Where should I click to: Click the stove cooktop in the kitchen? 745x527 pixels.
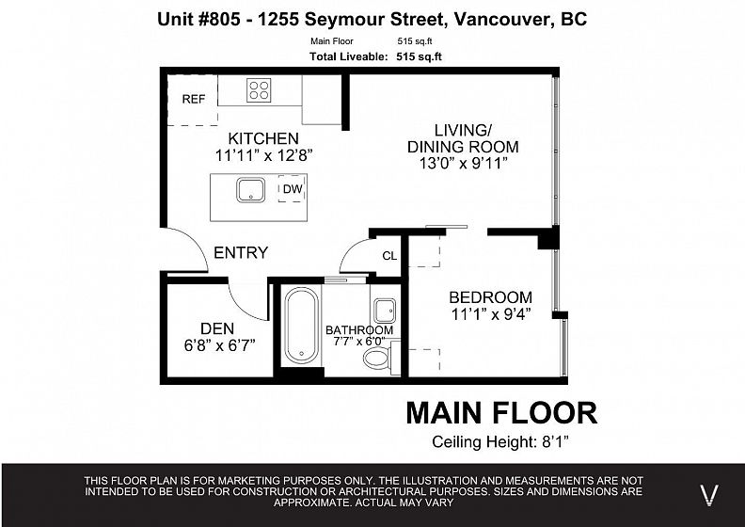click(x=259, y=90)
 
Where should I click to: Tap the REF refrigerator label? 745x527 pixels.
click(x=194, y=99)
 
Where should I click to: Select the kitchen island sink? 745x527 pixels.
click(x=251, y=190)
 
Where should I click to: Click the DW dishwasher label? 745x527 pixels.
click(x=293, y=188)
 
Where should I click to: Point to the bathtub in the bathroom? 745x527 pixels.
click(x=302, y=325)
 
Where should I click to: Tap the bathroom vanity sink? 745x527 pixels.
click(x=385, y=311)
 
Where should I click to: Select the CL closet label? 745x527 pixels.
click(x=389, y=256)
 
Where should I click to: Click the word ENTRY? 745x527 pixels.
click(x=241, y=252)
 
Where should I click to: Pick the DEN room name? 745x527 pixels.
click(x=217, y=328)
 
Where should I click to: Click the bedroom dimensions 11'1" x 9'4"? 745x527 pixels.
click(x=491, y=314)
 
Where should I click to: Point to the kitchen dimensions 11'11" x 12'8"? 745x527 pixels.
click(x=263, y=155)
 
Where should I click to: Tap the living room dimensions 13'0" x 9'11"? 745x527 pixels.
click(x=463, y=163)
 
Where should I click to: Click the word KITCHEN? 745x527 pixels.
click(x=263, y=138)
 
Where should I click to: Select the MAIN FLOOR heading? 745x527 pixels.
click(x=501, y=412)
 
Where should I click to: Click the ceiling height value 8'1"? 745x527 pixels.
click(x=555, y=442)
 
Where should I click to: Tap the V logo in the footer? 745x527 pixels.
click(x=709, y=495)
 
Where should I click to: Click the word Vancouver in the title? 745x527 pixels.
click(x=502, y=19)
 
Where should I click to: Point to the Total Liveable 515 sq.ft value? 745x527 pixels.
click(x=420, y=56)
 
